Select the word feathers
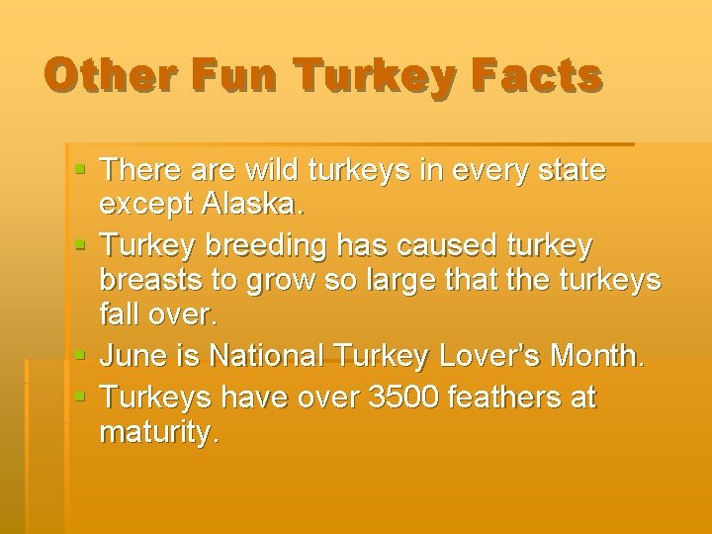point(503,398)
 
